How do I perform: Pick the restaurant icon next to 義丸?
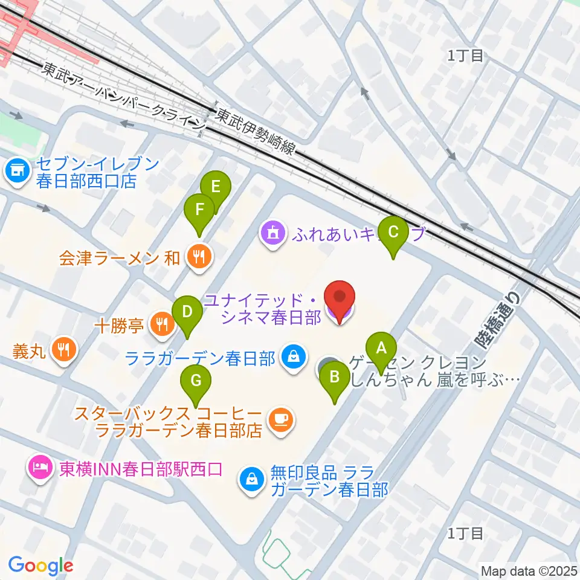[x=63, y=349]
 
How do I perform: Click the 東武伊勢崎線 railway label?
[x=256, y=132]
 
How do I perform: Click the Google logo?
[x=41, y=565]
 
